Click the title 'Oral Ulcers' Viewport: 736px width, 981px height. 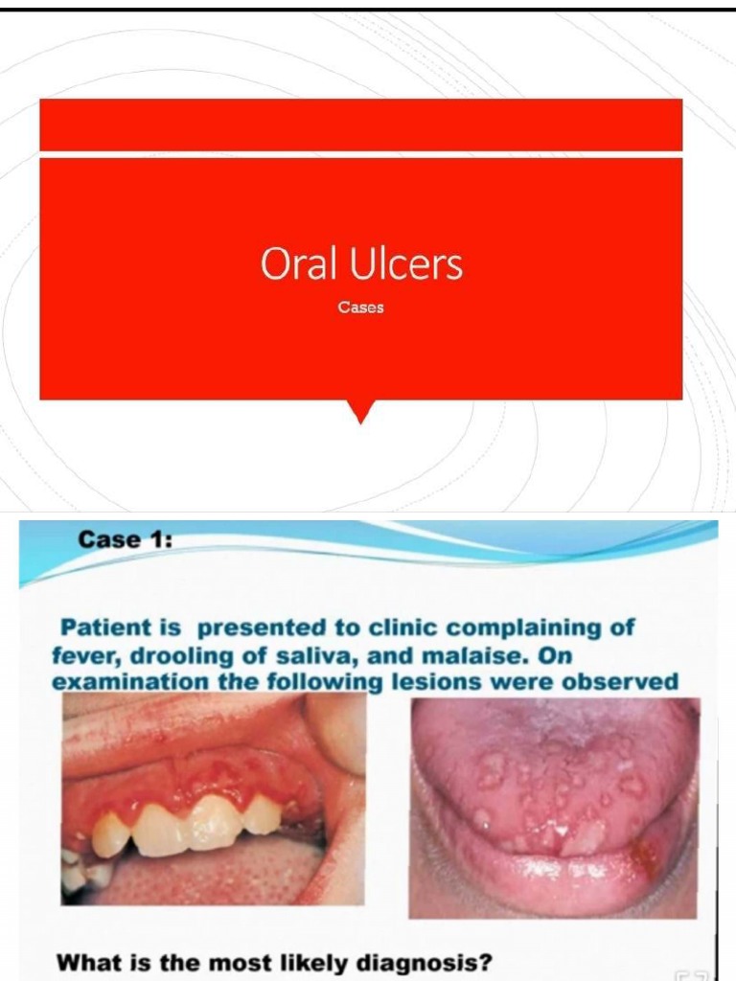coord(360,264)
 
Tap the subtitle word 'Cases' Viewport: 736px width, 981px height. coord(360,308)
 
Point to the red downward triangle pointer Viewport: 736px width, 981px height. coord(360,411)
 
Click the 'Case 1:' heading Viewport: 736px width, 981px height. coord(125,539)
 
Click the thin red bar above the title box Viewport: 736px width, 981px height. coord(360,125)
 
